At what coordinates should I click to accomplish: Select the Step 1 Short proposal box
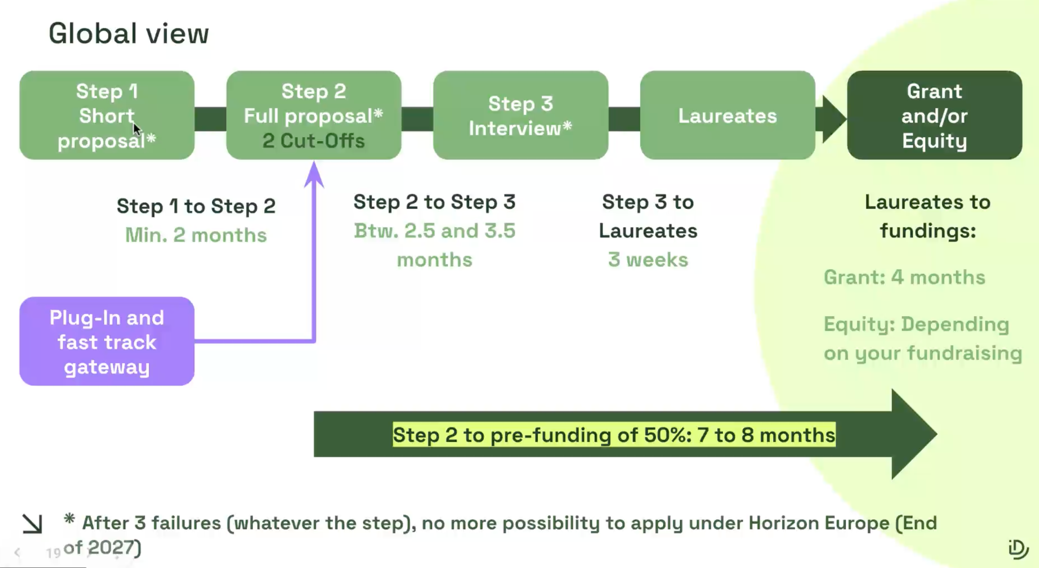(107, 115)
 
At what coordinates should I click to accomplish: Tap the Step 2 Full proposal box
(314, 115)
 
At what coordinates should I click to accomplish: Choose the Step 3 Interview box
(521, 115)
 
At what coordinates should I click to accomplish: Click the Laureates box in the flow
(728, 115)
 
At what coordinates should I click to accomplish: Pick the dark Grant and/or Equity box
(935, 115)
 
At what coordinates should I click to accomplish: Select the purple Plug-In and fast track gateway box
(107, 341)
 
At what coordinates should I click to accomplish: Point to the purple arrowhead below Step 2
(314, 174)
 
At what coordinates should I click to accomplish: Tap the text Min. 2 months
(196, 235)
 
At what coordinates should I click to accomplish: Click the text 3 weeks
(648, 259)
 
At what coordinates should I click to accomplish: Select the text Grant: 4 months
(904, 277)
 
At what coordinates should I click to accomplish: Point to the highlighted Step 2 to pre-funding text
(614, 435)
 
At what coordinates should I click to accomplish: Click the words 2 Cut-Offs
(314, 141)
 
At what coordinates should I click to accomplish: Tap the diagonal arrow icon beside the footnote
(32, 524)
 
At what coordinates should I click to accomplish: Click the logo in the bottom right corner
(1018, 549)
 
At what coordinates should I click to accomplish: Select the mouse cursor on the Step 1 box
(137, 129)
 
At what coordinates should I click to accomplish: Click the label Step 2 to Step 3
(434, 202)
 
